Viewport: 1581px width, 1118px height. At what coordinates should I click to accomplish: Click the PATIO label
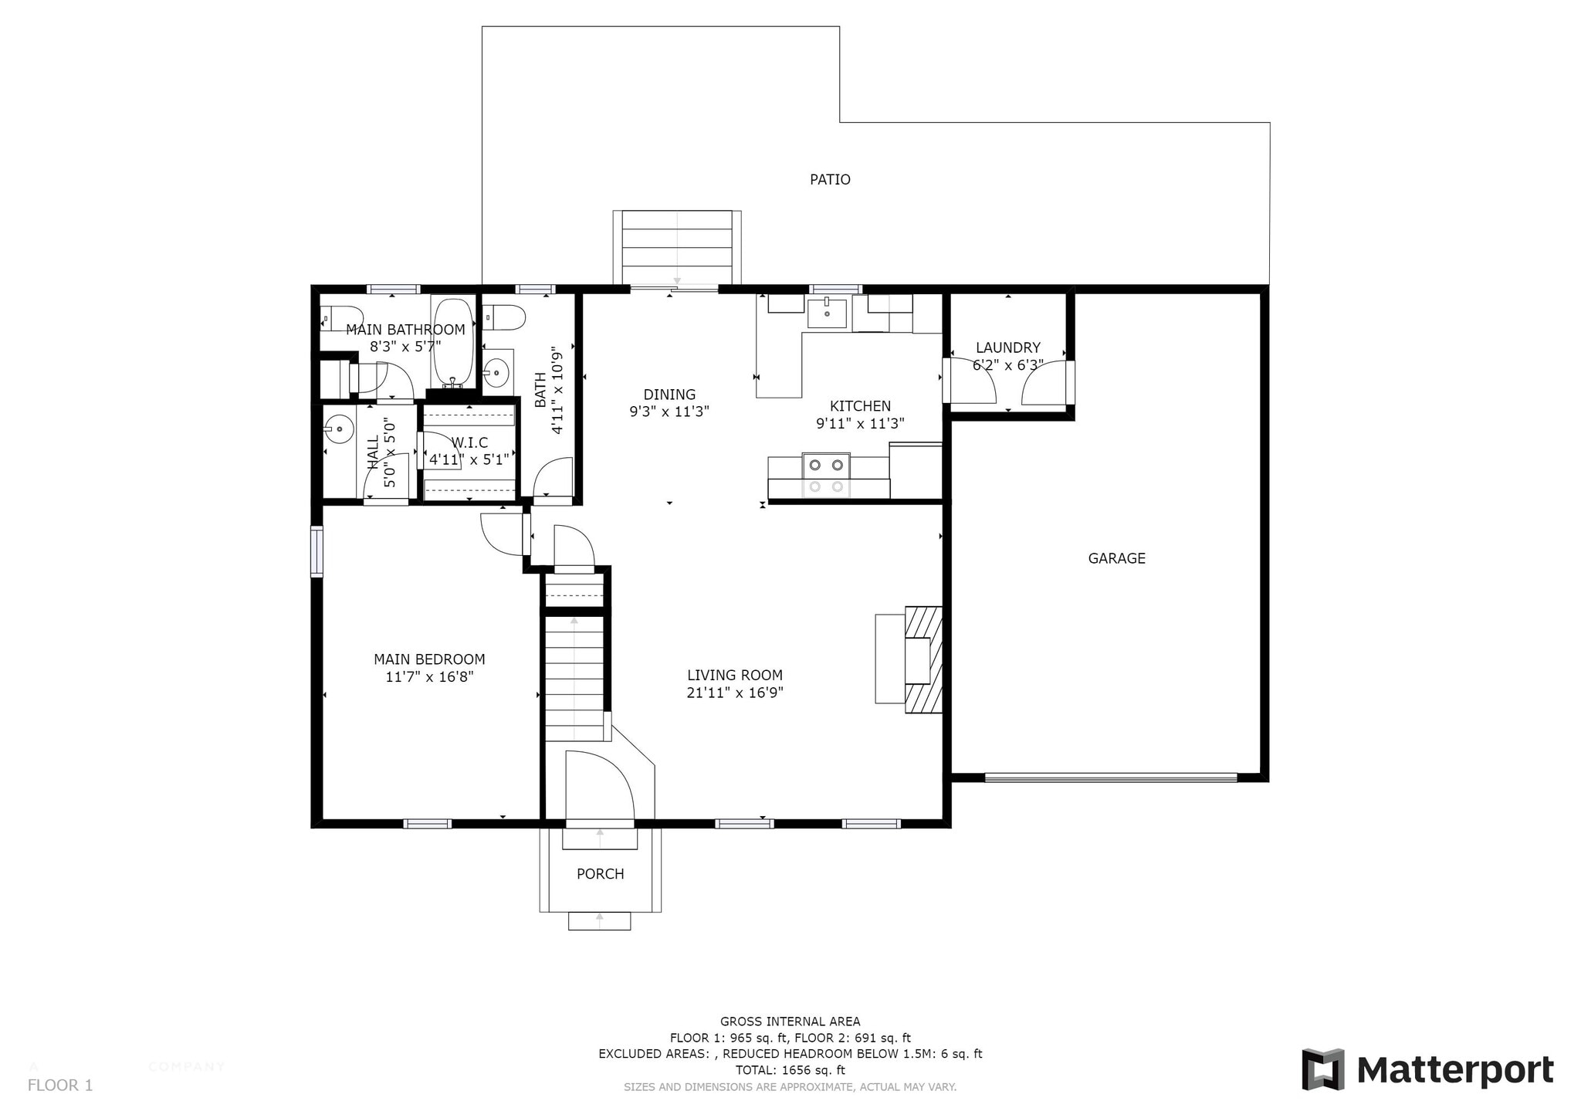click(830, 180)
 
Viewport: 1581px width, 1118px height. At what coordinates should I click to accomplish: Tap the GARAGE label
click(1116, 558)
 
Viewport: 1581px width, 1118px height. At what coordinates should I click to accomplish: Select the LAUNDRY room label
click(1007, 348)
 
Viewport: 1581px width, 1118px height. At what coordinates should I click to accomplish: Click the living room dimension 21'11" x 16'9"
click(735, 693)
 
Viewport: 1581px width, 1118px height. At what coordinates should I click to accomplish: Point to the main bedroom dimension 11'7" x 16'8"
click(429, 677)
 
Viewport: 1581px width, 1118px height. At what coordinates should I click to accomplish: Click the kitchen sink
click(827, 313)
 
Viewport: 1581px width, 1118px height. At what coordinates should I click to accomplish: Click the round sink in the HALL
click(338, 429)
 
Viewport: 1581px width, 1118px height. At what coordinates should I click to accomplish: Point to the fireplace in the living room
click(923, 659)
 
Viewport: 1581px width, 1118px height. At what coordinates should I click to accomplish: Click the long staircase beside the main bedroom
click(574, 678)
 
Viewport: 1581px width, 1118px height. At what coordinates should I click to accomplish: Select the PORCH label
click(600, 874)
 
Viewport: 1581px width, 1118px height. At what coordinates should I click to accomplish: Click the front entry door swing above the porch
click(599, 784)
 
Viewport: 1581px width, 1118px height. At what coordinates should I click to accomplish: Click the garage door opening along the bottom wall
click(1110, 778)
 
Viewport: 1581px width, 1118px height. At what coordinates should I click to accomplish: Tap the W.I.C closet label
click(469, 442)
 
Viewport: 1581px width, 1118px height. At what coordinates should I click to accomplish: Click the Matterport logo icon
click(1323, 1069)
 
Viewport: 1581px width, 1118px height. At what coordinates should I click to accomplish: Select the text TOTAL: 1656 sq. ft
click(790, 1070)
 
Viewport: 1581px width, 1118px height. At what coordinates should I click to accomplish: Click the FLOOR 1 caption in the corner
click(60, 1086)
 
